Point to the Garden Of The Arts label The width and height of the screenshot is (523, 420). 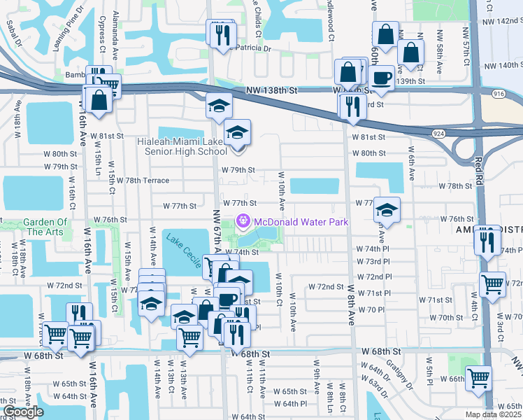point(45,227)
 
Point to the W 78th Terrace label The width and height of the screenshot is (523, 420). point(143,181)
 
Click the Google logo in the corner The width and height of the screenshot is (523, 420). point(23,412)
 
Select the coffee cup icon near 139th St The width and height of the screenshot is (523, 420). point(382,77)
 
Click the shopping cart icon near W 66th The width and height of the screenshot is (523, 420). point(479,379)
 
